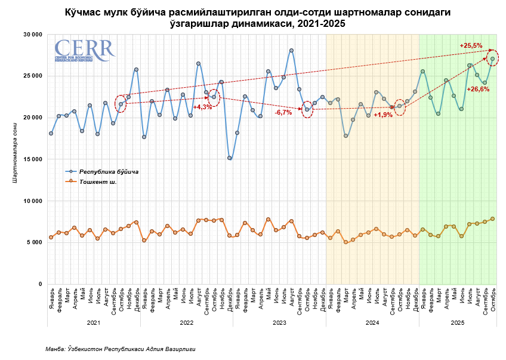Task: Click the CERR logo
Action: click(84, 50)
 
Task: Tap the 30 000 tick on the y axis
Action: click(31, 35)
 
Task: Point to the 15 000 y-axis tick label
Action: click(31, 159)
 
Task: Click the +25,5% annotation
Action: click(471, 45)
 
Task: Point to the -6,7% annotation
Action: click(283, 112)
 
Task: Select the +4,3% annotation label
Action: click(202, 107)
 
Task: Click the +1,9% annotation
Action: click(383, 115)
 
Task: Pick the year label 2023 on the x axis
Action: click(279, 323)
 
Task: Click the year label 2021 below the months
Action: click(94, 323)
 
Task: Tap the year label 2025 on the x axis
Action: click(458, 323)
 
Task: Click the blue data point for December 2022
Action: click(229, 158)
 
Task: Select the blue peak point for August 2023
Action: click(291, 51)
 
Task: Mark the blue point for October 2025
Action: click(492, 59)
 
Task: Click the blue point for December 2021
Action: click(136, 69)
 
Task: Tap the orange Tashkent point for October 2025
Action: click(492, 219)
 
